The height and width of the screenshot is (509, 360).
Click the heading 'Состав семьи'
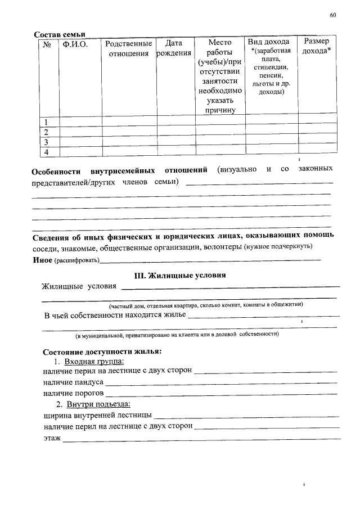coord(59,35)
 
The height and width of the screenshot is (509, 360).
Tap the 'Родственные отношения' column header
coord(128,48)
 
